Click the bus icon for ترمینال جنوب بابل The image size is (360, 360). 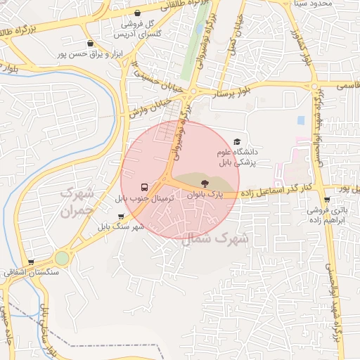tap(144, 187)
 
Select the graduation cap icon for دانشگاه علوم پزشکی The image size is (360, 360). tap(236, 142)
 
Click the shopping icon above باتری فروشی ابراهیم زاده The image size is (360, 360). tap(327, 199)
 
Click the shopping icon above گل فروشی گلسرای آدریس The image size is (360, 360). tap(136, 13)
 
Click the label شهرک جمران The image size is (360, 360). tap(77, 201)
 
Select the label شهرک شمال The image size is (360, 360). tap(215, 239)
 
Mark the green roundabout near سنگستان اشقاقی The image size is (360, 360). tap(63, 258)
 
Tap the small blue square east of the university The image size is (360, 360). tap(301, 120)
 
